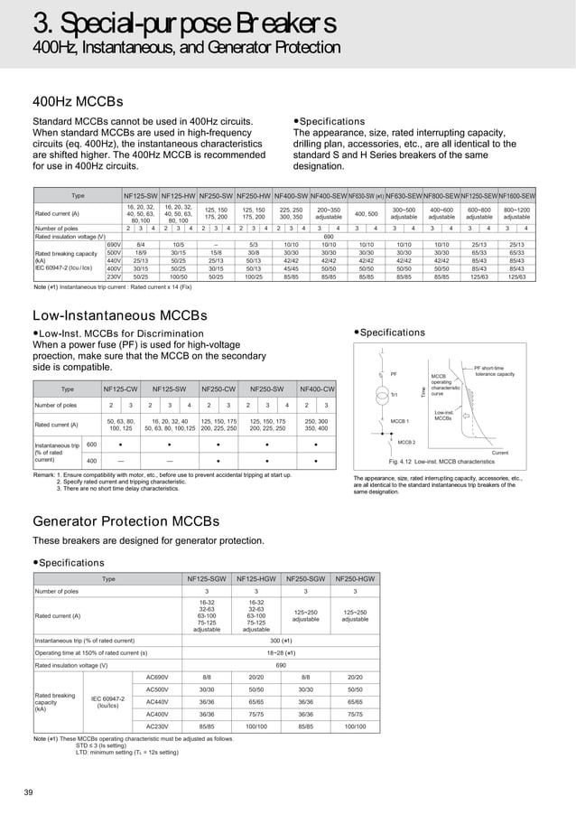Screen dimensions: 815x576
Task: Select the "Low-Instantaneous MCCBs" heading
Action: (120, 315)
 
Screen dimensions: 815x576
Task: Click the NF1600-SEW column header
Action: (516, 195)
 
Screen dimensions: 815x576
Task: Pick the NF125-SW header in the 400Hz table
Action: (141, 195)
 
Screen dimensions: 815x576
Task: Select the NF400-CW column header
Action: (316, 389)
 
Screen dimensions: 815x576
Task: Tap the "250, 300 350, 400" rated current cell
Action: (316, 425)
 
